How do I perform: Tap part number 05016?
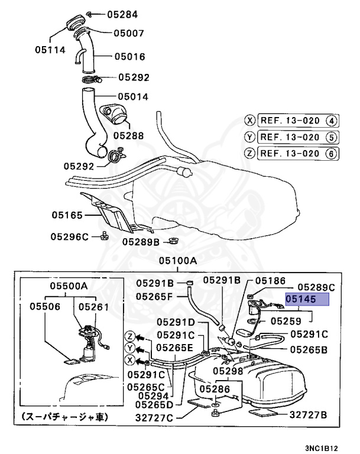129,57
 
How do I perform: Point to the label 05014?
133,96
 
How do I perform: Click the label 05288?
128,135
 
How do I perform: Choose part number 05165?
66,215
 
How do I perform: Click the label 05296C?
69,236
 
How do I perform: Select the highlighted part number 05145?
306,300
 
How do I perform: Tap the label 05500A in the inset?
68,286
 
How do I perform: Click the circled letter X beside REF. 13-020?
251,121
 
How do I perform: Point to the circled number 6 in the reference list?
332,154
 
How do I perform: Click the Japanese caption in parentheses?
65,417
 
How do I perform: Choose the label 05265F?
154,296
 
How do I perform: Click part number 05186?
270,281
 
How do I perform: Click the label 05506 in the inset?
46,307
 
